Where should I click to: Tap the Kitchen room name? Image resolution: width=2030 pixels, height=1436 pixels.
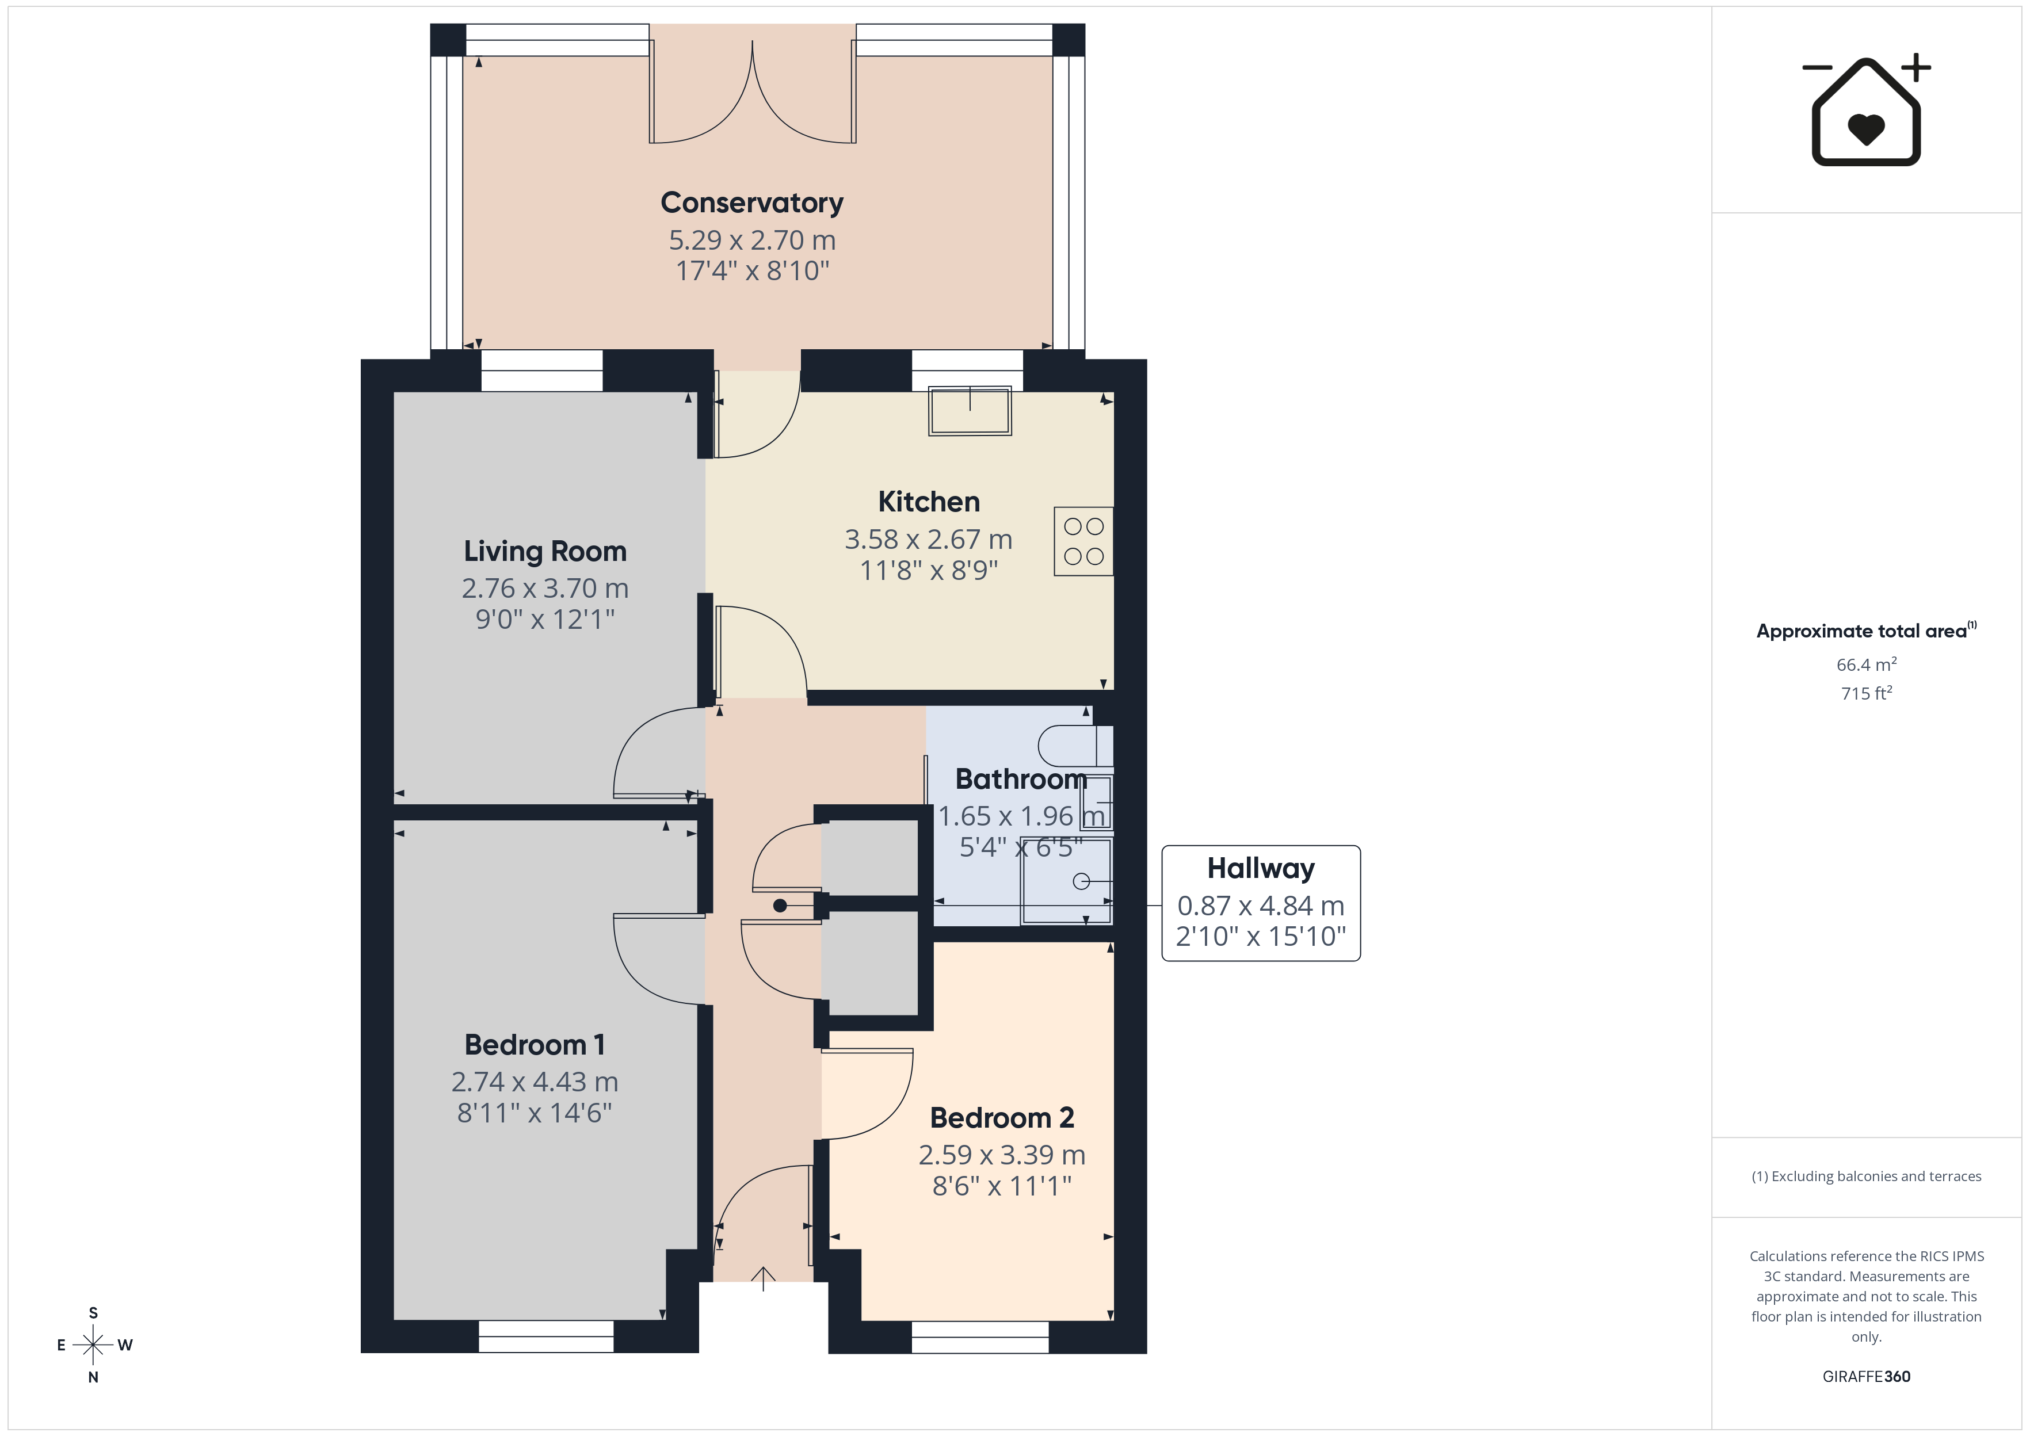click(x=928, y=501)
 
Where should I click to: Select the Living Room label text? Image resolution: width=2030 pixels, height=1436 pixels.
click(x=545, y=551)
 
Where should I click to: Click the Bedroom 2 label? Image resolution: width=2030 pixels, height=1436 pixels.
click(x=1002, y=1118)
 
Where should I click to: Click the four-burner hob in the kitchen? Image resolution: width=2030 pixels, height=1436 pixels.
click(x=1083, y=542)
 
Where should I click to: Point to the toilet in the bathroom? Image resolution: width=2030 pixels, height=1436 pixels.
click(x=1075, y=746)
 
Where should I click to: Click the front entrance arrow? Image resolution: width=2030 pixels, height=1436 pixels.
click(x=763, y=1278)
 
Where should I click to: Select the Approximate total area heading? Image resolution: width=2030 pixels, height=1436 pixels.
click(x=1865, y=631)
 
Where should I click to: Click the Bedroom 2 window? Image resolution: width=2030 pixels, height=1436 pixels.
click(x=980, y=1337)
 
